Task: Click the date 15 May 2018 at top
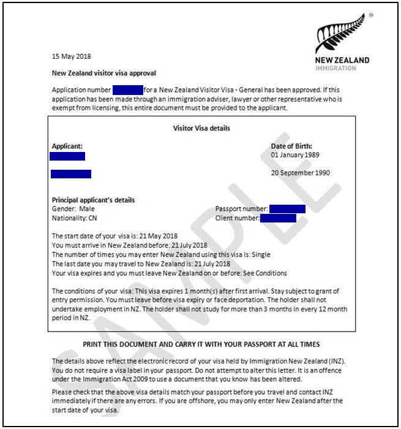pos(71,56)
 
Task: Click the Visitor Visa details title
pos(201,129)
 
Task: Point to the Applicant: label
pos(67,146)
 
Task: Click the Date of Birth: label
pos(291,146)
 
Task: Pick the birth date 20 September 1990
pos(301,173)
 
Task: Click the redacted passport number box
pos(287,209)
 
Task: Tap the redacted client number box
pos(278,218)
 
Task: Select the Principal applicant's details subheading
pos(93,200)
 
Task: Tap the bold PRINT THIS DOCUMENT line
pos(201,344)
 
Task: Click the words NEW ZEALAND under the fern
pos(342,60)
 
